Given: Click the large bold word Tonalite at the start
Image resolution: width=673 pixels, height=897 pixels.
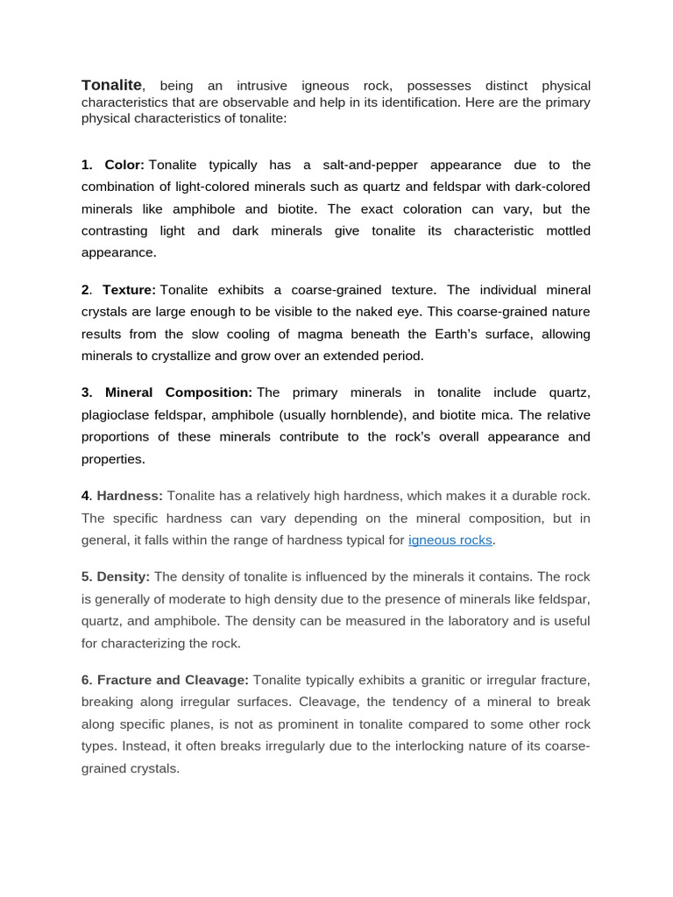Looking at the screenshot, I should coord(111,85).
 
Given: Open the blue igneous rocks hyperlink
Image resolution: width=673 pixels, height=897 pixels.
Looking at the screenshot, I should coord(451,540).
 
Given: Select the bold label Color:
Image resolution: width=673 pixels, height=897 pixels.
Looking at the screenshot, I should coord(124,165).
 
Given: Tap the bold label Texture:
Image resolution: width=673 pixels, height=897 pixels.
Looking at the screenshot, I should coord(129,290).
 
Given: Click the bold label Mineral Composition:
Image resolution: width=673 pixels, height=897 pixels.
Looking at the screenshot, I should coord(179,392).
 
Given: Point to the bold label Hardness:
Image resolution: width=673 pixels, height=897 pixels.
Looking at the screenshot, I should coord(130,496).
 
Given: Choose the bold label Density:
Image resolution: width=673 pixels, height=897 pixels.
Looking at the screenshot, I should coord(124,576).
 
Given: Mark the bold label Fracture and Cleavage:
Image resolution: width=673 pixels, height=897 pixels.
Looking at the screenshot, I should coord(173,680).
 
